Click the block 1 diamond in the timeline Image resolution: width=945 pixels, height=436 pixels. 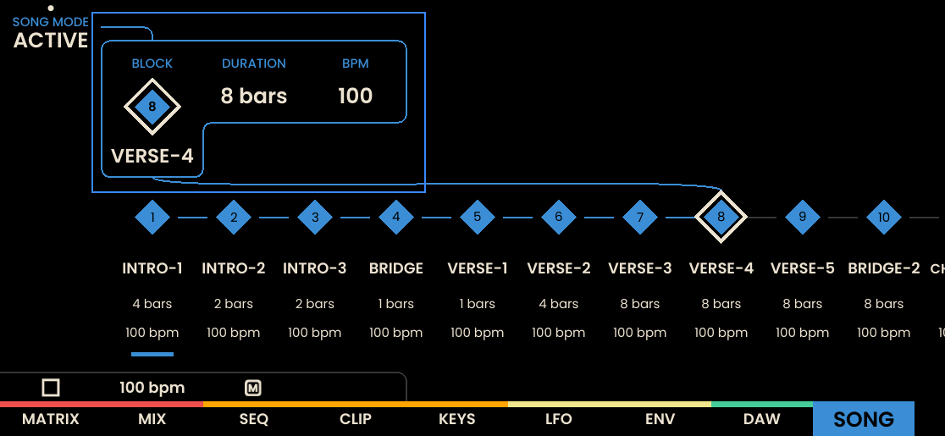click(x=152, y=218)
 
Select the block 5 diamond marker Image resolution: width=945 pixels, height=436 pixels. click(x=478, y=218)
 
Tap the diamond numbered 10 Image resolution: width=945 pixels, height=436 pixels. click(x=883, y=218)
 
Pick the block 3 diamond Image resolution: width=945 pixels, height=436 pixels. click(x=315, y=218)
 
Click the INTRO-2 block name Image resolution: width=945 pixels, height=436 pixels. click(x=233, y=268)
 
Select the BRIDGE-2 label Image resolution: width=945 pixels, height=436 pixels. click(x=883, y=268)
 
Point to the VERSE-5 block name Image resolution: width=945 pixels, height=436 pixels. click(x=802, y=268)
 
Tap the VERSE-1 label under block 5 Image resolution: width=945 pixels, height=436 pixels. click(x=478, y=268)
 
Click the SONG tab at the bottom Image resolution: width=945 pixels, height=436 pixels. click(x=864, y=419)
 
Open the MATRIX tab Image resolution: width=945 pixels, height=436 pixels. click(x=51, y=419)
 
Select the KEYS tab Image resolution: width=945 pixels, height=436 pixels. click(x=456, y=419)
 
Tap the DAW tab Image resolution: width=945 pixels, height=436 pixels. click(x=762, y=419)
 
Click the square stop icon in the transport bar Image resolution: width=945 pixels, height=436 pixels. click(x=51, y=388)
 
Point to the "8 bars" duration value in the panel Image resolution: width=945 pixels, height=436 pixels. click(x=254, y=97)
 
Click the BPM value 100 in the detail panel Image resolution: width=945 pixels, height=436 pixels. click(x=356, y=97)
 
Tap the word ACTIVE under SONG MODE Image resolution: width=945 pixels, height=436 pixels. click(x=51, y=41)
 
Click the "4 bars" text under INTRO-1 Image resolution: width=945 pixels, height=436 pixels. click(x=152, y=304)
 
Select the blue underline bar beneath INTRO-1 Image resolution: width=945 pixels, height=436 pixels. click(x=152, y=354)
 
